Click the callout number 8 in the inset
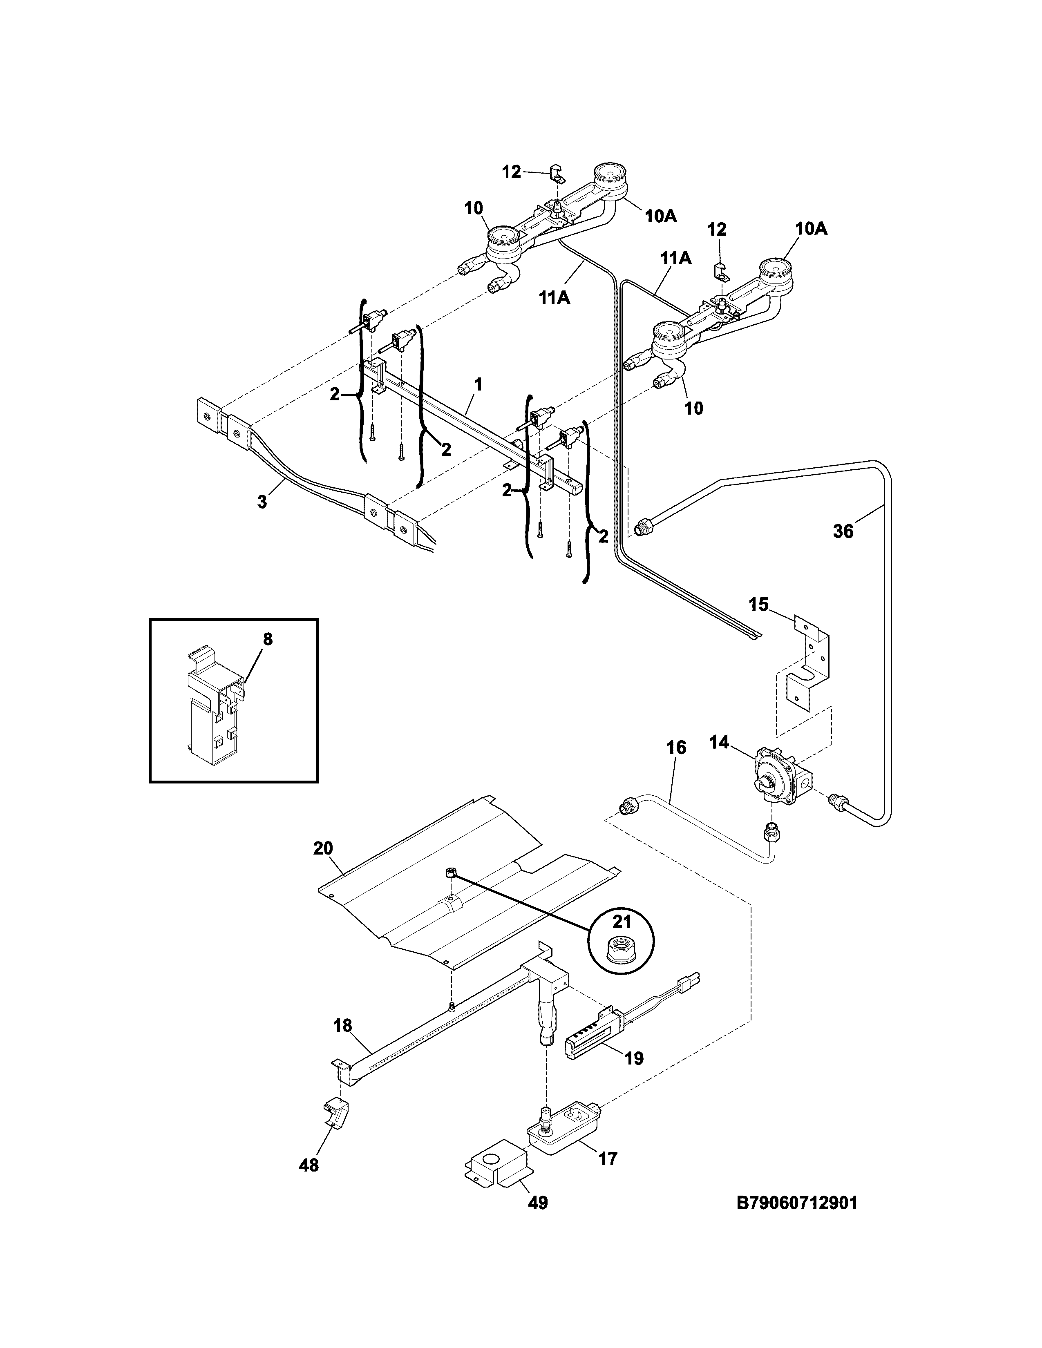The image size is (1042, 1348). click(x=267, y=639)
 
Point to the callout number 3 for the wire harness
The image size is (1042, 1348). click(x=262, y=502)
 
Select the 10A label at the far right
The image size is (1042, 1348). click(x=811, y=228)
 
